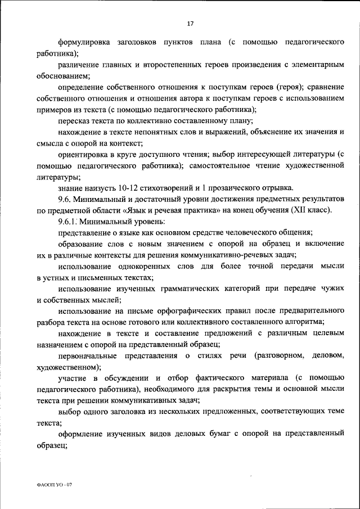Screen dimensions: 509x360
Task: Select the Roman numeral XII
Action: pyautogui.click(x=295, y=210)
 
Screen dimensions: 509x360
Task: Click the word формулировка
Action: pyautogui.click(x=85, y=43)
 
